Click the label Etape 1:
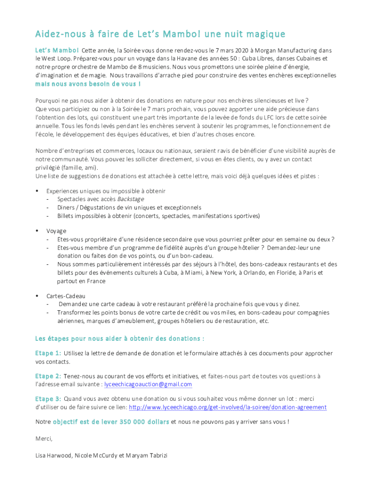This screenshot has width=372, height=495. pos(48,353)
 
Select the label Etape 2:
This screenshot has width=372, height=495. pos(48,376)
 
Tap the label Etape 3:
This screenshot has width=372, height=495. pos(48,399)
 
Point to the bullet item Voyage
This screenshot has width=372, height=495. pos(57,231)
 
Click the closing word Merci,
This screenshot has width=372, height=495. pos(44,438)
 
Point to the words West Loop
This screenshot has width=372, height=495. pos(57,58)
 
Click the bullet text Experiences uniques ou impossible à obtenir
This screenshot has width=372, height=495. pos(106,191)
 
